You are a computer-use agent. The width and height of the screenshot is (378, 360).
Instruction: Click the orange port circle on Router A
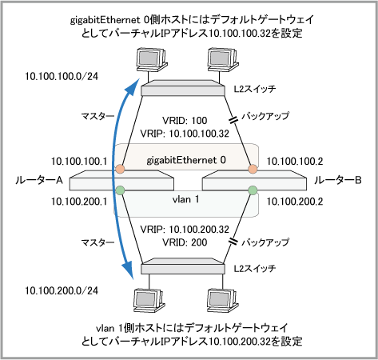(x=120, y=169)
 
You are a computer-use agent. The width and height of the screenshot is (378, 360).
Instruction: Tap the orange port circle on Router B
(x=253, y=169)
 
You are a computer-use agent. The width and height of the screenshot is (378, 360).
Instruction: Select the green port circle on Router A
(x=121, y=190)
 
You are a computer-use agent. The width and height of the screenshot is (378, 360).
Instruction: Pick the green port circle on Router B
(x=253, y=190)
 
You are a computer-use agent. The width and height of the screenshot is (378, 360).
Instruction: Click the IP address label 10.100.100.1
(x=79, y=162)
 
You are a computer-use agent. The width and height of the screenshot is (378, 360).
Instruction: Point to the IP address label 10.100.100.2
(x=295, y=162)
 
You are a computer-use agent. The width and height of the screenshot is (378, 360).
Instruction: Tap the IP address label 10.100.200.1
(x=79, y=202)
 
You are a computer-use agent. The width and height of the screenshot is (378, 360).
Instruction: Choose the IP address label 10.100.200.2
(x=295, y=202)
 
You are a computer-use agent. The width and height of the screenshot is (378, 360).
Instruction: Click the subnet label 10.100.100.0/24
(x=62, y=76)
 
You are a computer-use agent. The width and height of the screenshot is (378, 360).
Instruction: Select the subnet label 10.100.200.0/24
(x=62, y=290)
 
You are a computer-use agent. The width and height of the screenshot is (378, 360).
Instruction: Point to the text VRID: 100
(x=185, y=121)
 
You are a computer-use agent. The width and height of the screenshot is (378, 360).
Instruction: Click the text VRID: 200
(x=185, y=242)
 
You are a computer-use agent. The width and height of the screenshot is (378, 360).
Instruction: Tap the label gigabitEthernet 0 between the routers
(x=186, y=160)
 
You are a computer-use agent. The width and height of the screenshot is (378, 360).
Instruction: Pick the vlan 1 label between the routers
(x=185, y=199)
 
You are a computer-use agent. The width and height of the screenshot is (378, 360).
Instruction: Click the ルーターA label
(x=39, y=181)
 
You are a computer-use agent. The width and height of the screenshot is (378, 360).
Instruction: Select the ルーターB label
(x=338, y=181)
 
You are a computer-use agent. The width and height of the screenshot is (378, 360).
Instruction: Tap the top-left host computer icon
(x=152, y=60)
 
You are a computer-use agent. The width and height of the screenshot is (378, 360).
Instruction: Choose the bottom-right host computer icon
(x=223, y=301)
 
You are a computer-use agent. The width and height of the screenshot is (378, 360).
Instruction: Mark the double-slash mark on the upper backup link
(x=233, y=120)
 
